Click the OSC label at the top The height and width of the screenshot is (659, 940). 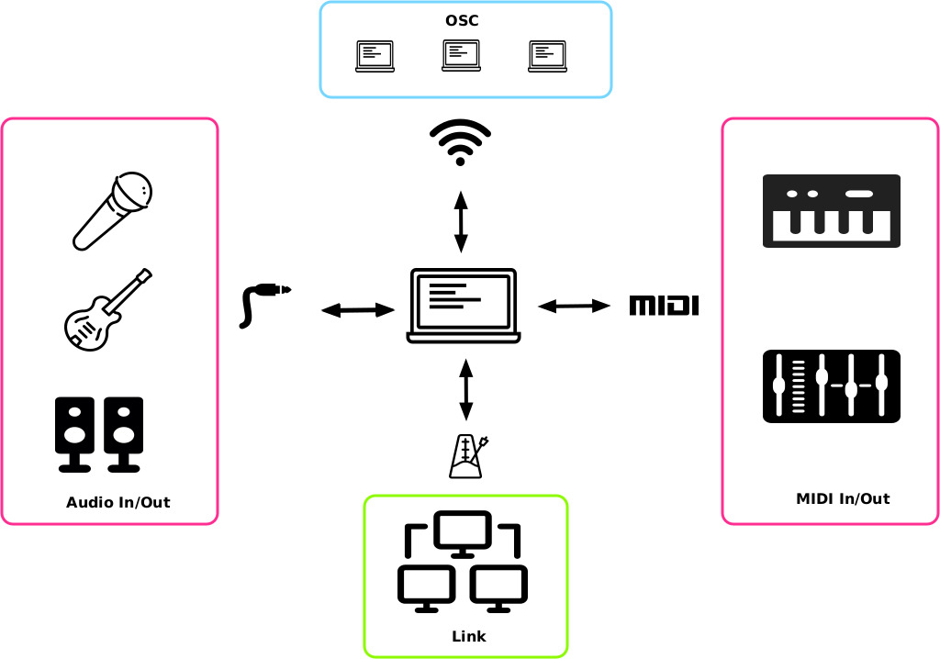462,20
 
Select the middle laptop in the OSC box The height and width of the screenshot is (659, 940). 461,56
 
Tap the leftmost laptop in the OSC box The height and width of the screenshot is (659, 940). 375,56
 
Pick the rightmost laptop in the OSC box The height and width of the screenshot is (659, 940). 547,56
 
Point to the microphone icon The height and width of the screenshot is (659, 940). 112,210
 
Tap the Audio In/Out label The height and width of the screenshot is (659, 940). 117,502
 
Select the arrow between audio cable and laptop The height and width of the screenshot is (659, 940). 358,310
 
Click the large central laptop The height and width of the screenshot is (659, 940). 463,306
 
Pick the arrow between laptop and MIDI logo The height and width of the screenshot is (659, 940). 574,306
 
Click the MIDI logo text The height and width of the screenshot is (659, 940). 664,306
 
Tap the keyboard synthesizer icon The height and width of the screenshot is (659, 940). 831,211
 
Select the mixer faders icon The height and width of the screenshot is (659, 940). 831,386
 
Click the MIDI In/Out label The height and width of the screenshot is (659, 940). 842,498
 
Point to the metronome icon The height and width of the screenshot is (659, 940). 467,456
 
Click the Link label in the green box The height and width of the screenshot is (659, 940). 468,636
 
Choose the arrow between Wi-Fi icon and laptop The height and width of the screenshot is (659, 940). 461,222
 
